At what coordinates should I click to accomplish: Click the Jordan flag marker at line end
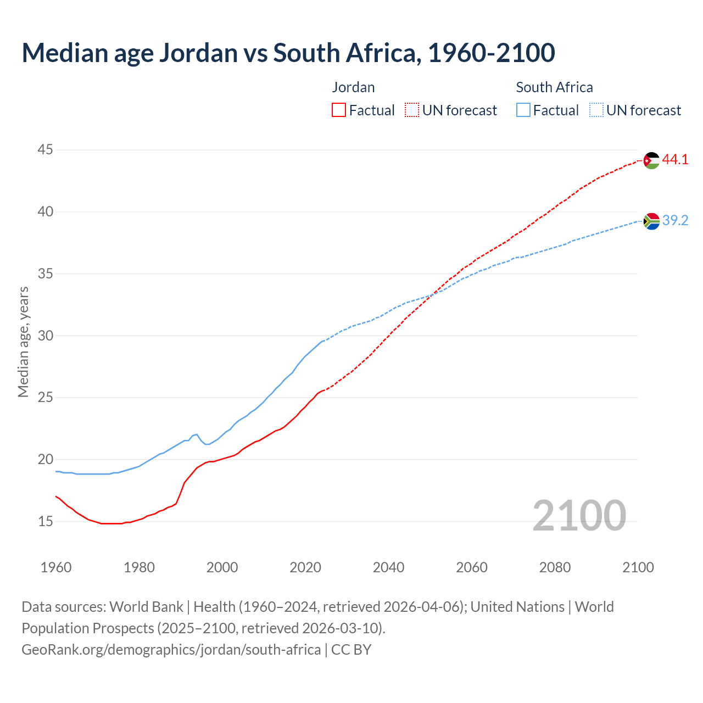pos(651,160)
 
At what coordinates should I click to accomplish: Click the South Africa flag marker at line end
pos(651,221)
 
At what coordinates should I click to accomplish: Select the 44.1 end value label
pos(675,160)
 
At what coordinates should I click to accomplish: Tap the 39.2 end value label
pos(675,221)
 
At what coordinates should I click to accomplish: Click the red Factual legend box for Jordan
pos(339,110)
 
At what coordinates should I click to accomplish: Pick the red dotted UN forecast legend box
pos(412,110)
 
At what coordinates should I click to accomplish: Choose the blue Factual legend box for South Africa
pos(523,110)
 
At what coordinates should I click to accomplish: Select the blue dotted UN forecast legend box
pos(596,110)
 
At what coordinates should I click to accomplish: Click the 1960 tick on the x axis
pos(56,567)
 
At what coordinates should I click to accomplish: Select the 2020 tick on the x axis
pos(305,567)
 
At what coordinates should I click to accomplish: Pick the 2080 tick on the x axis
pos(555,567)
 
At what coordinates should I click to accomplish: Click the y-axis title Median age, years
pos(23,342)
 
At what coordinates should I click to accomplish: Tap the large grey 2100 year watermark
pos(579,515)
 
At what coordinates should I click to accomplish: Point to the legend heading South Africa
pos(554,87)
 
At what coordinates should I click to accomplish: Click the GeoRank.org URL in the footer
pos(171,650)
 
